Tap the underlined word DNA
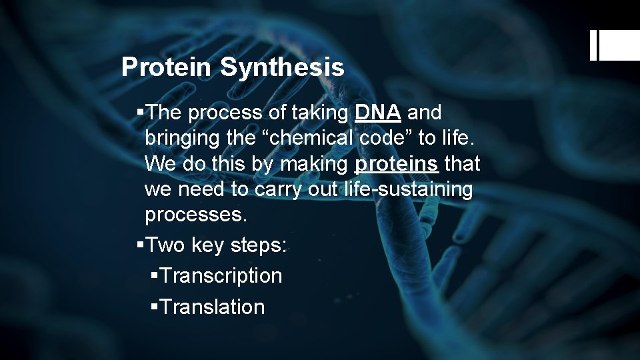coord(378,113)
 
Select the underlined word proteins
coord(397,164)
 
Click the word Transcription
coord(221,275)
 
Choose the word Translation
coord(213,307)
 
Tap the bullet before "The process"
coord(139,112)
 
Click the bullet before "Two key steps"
coord(139,245)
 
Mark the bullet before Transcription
coord(155,275)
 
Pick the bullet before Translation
coord(155,307)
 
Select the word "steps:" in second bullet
coord(259,245)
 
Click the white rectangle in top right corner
coord(619,46)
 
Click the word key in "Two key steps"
coord(207,245)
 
